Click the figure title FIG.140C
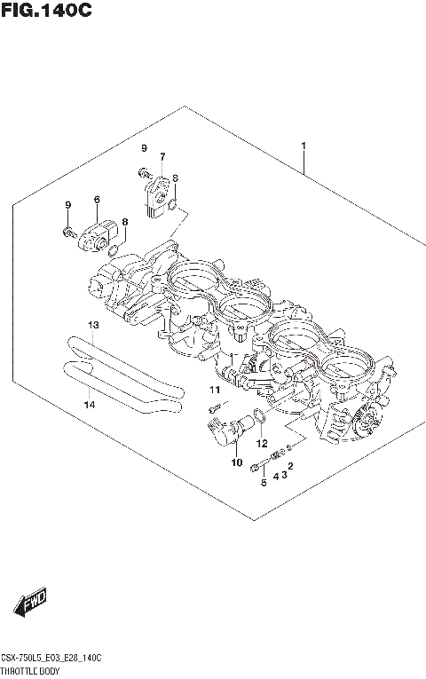[x=46, y=12]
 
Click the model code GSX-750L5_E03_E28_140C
[x=51, y=658]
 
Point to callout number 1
[x=304, y=146]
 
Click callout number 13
[x=93, y=325]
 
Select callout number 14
[x=88, y=406]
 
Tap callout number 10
[x=236, y=462]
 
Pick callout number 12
[x=262, y=443]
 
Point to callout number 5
[x=263, y=483]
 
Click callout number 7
[x=162, y=157]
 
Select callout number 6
[x=96, y=200]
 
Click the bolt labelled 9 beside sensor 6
[x=68, y=233]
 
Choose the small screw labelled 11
[x=214, y=408]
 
